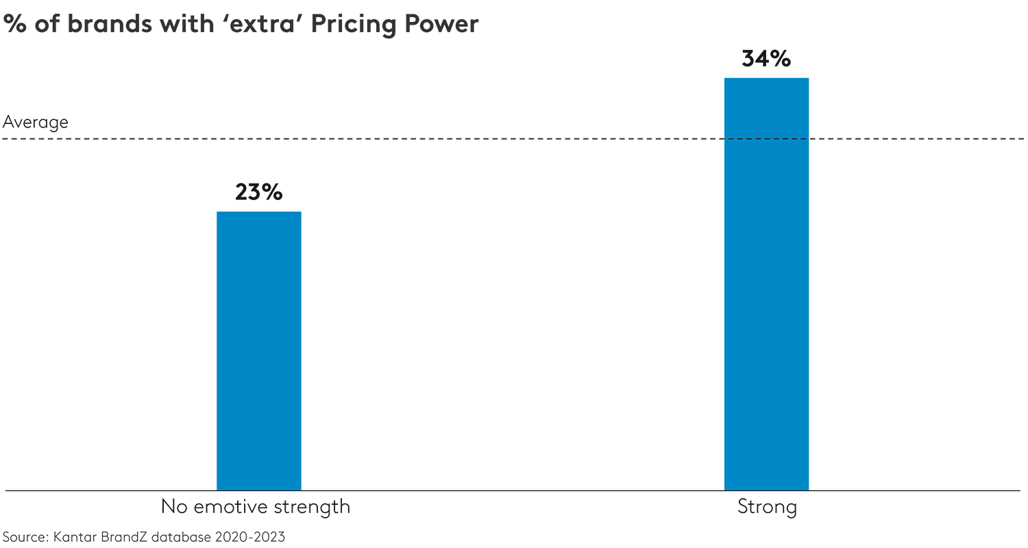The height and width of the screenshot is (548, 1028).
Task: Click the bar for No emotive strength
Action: [259, 351]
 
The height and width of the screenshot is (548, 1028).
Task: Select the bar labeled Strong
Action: [766, 284]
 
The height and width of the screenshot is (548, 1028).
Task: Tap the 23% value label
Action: [258, 192]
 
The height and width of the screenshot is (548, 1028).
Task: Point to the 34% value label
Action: [766, 59]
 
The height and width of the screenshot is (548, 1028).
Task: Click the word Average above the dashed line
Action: [36, 122]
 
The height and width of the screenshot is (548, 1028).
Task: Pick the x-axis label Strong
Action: [767, 508]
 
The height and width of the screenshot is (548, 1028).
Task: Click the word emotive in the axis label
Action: [228, 508]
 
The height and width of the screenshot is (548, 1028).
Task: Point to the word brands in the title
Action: [102, 24]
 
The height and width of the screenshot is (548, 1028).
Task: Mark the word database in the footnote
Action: [182, 537]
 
